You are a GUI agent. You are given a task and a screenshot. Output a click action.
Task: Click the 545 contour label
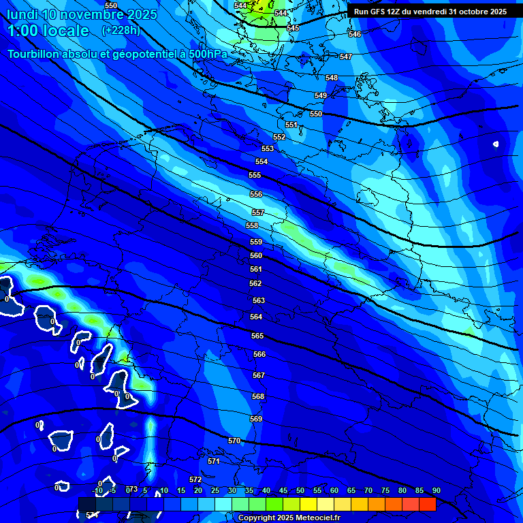point(293,28)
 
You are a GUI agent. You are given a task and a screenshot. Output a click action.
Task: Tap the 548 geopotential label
point(332,78)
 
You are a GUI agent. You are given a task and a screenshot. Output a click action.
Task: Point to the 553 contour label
point(268,148)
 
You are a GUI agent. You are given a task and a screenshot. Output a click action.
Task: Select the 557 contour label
point(257,213)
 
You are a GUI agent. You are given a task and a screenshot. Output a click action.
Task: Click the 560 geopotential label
point(256,256)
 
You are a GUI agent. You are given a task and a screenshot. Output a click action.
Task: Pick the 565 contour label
point(257,336)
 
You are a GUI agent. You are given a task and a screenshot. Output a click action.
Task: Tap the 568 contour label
point(258,396)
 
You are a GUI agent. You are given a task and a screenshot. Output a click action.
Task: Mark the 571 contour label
point(214,461)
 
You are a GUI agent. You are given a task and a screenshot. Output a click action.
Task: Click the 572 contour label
point(195,480)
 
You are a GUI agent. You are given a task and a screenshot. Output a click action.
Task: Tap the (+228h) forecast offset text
point(121,30)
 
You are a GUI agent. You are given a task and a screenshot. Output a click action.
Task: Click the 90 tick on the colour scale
point(436,491)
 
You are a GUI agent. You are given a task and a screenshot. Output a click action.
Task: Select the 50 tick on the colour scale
point(300,491)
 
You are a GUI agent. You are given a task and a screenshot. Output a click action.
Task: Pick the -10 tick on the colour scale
point(98,491)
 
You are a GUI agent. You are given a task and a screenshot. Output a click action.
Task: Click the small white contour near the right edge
point(496,144)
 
